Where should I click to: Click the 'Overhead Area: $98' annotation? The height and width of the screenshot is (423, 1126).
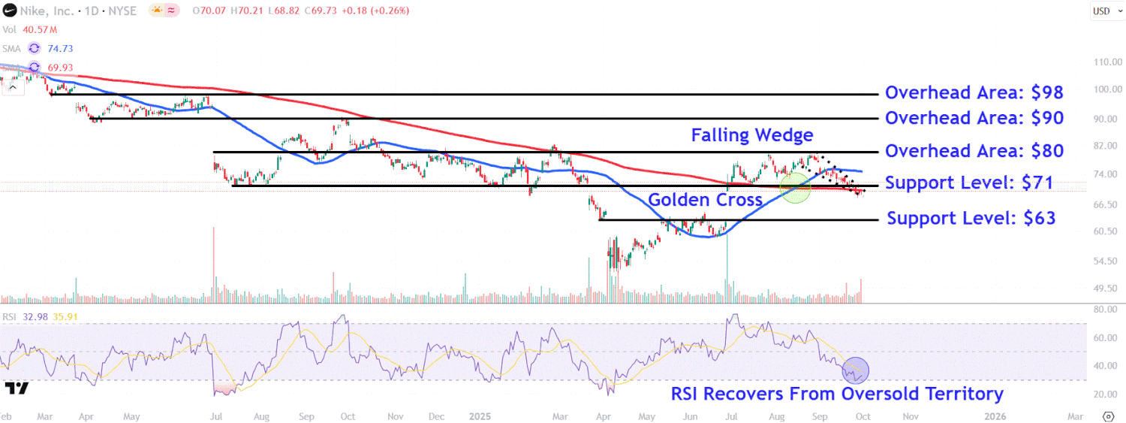click(x=974, y=92)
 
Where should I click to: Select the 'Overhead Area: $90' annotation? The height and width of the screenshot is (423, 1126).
click(x=974, y=118)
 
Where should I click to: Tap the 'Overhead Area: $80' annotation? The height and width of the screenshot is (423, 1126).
click(x=974, y=151)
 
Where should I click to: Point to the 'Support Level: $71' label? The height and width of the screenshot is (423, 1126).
click(x=968, y=183)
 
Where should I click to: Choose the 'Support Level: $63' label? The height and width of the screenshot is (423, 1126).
click(x=971, y=219)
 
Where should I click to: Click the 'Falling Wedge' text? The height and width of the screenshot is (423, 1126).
click(x=751, y=135)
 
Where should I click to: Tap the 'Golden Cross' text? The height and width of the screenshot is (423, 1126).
click(x=705, y=200)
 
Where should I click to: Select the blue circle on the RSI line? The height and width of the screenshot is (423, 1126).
click(x=855, y=369)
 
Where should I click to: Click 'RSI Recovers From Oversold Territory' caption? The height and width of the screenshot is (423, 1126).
click(x=837, y=394)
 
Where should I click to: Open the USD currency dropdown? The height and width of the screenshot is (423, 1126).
click(x=1101, y=11)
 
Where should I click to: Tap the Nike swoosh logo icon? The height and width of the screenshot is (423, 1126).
click(x=10, y=11)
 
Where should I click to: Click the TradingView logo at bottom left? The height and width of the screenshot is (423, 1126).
click(x=17, y=388)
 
